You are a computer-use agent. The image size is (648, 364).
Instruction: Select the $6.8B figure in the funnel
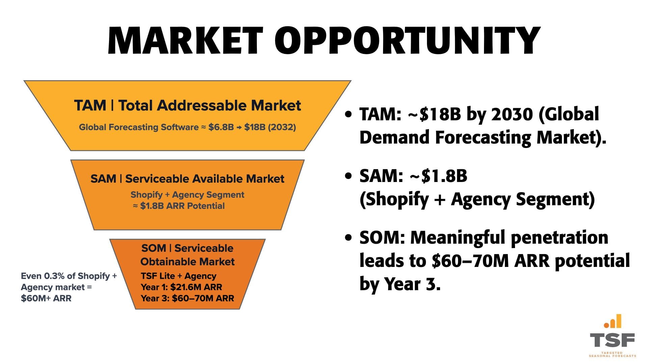click(x=221, y=127)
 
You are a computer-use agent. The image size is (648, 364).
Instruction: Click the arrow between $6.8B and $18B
click(x=239, y=127)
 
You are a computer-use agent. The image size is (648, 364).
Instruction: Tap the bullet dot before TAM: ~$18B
click(x=348, y=115)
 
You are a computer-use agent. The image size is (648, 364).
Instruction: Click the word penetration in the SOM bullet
click(x=559, y=238)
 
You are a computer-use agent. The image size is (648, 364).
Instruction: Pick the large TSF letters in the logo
click(x=612, y=340)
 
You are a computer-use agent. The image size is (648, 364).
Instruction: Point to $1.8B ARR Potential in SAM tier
click(x=182, y=206)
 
